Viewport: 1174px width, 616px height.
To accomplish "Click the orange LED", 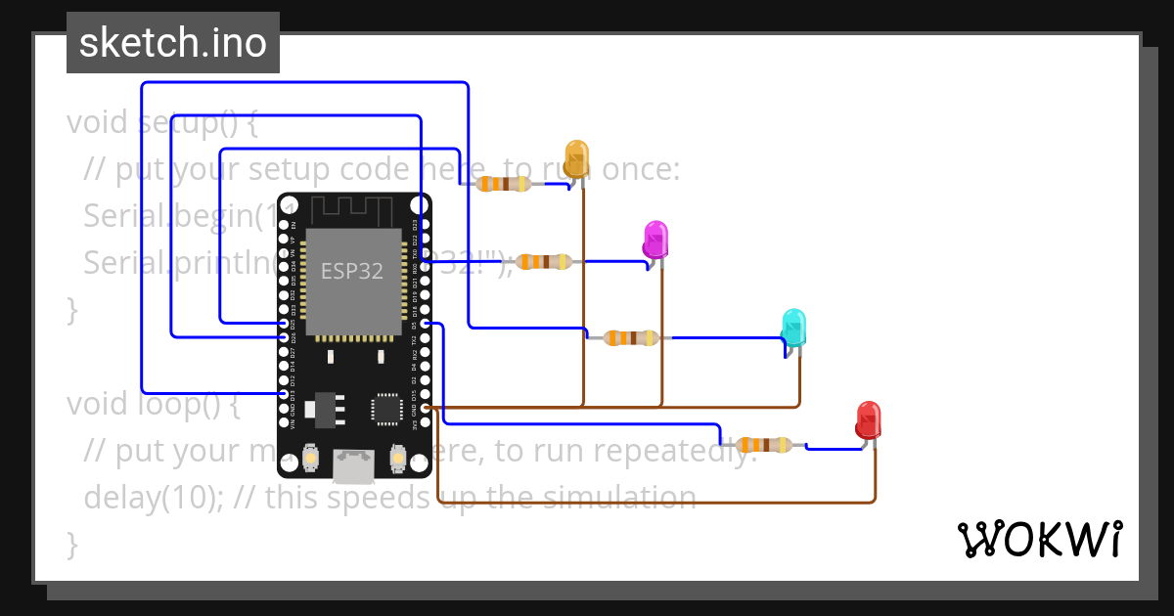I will [x=576, y=156].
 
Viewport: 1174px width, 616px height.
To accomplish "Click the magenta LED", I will [x=655, y=238].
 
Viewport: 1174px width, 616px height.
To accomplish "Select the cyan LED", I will [x=793, y=325].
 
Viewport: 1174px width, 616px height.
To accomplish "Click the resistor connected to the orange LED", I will [x=504, y=184].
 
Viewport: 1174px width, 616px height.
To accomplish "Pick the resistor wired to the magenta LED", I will [x=544, y=261].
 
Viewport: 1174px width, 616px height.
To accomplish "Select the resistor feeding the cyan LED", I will [x=630, y=337].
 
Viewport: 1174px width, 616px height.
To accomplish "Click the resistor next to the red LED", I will [x=764, y=446].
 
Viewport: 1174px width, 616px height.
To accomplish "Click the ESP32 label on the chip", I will [x=352, y=271].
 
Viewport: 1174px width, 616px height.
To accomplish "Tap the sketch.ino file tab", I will [x=173, y=43].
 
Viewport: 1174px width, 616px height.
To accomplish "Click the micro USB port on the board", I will [x=353, y=466].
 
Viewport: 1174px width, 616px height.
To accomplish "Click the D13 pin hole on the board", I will [x=284, y=393].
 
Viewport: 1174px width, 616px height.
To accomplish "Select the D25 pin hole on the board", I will [x=284, y=323].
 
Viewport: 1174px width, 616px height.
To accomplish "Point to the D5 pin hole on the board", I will [x=425, y=323].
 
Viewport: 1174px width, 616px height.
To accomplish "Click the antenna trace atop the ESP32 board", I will [x=352, y=208].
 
